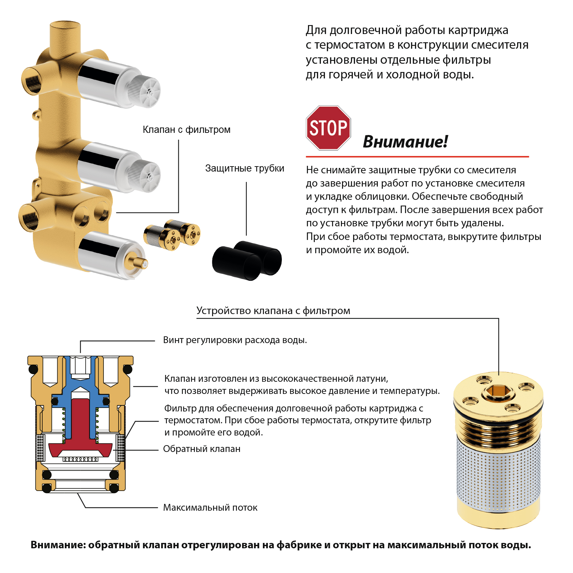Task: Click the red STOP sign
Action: coord(328,128)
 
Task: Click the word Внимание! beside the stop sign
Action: coord(405,142)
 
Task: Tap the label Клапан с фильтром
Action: coord(186,130)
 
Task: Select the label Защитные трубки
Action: coord(245,168)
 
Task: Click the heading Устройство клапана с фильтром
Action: coord(273,310)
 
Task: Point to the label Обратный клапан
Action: coord(202,449)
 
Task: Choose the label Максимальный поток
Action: coord(210,507)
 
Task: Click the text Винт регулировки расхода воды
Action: coord(235,340)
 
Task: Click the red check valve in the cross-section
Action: coord(80,430)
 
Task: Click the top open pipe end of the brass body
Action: coord(65,27)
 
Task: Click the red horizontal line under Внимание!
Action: coord(417,157)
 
